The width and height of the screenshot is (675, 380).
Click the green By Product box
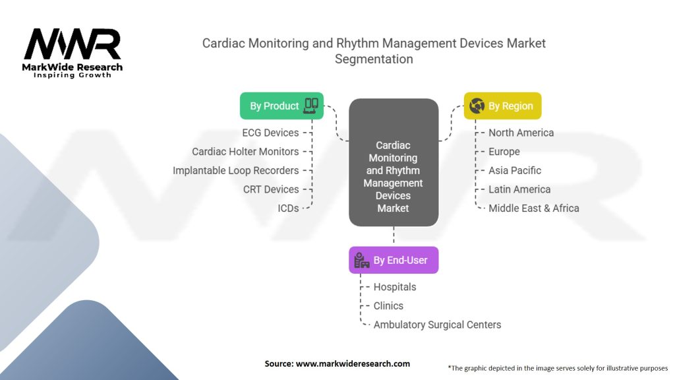point(281,106)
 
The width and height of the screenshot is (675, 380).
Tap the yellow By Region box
point(503,106)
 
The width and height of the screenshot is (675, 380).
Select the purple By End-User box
point(394,260)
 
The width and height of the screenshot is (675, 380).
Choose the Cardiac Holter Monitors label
point(245,152)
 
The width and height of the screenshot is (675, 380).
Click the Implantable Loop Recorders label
point(235,170)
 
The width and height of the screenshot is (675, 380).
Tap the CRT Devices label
point(271,189)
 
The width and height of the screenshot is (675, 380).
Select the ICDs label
point(288,208)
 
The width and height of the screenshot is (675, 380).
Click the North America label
point(521,133)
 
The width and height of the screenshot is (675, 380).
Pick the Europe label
point(504,152)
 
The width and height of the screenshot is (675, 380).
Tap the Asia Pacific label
point(515,170)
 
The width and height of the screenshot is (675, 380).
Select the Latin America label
point(519,189)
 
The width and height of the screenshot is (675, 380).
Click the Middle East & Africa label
point(533,208)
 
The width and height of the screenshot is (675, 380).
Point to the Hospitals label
point(395,287)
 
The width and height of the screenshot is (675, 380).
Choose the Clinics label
point(388,306)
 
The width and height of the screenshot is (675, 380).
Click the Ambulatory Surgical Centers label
point(437,325)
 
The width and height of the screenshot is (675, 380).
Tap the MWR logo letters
point(73,46)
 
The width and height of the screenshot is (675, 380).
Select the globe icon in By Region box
point(477,106)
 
